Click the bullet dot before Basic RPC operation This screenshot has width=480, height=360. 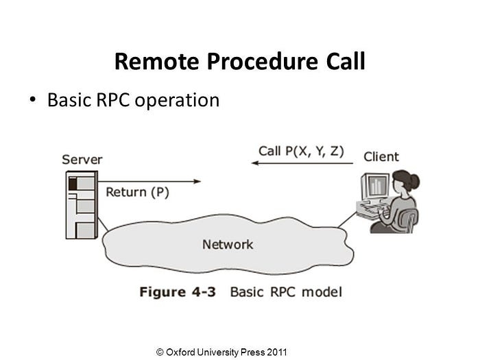32,100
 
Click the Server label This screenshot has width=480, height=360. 82,160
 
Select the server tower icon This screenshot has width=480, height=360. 81,205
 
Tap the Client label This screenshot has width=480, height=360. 381,157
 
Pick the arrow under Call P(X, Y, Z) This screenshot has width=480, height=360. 302,163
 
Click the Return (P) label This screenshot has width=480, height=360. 137,192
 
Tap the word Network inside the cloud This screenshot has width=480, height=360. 228,244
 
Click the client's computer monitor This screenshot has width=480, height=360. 375,187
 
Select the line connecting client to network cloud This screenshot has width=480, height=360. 348,220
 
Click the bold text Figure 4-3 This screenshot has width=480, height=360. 177,292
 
